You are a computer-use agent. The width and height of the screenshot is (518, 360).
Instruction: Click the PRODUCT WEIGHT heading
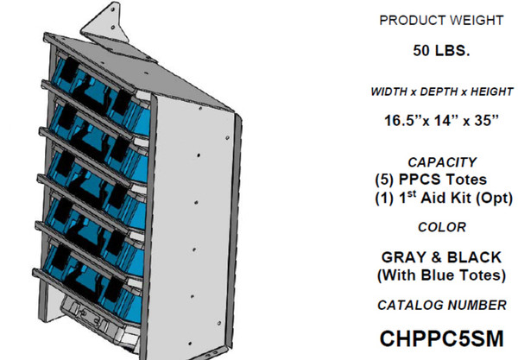[x=441, y=20]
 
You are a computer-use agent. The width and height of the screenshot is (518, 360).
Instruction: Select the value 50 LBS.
[x=441, y=51]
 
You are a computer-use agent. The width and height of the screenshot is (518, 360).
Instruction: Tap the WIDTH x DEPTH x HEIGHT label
[x=441, y=92]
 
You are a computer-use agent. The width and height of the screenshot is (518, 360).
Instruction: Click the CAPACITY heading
[x=441, y=161]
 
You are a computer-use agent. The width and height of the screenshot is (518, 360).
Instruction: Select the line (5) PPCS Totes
[x=441, y=180]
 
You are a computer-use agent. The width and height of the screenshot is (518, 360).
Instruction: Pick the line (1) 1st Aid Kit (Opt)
[x=441, y=199]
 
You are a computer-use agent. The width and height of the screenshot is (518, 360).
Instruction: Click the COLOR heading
[x=441, y=227]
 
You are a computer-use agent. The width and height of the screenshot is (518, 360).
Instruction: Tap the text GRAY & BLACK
[x=441, y=256]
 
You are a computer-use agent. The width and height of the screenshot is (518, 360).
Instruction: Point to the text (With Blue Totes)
[x=441, y=275]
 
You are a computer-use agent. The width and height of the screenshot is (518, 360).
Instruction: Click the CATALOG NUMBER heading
[x=441, y=304]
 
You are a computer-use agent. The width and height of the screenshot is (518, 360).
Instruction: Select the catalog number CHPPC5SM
[x=441, y=337]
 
